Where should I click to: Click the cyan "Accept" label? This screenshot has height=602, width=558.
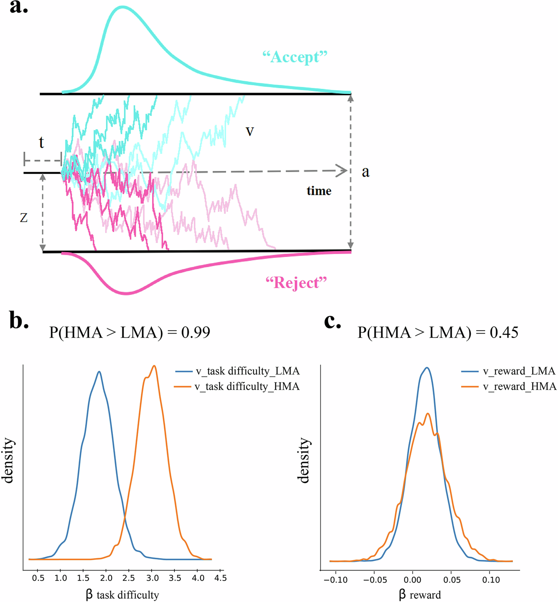pyautogui.click(x=295, y=57)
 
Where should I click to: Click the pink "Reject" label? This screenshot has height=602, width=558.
pyautogui.click(x=296, y=283)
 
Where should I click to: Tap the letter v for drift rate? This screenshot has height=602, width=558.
pyautogui.click(x=250, y=131)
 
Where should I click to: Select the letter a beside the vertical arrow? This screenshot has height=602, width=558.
pyautogui.click(x=365, y=172)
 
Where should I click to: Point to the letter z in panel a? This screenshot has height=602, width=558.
pyautogui.click(x=24, y=218)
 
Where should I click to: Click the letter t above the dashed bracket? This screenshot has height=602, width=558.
pyautogui.click(x=41, y=142)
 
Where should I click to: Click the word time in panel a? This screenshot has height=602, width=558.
pyautogui.click(x=319, y=191)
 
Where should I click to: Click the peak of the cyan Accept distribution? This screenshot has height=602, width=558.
pyautogui.click(x=122, y=7)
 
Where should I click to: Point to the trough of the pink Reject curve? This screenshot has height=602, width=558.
pyautogui.click(x=126, y=293)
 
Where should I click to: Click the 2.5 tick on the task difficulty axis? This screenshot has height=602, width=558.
pyautogui.click(x=129, y=578)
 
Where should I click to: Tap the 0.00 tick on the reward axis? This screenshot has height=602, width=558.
pyautogui.click(x=413, y=580)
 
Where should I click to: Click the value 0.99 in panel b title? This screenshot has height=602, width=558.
pyautogui.click(x=196, y=332)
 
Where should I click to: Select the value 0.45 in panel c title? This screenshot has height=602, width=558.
pyautogui.click(x=504, y=332)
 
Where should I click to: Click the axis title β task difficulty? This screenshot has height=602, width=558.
pyautogui.click(x=122, y=595)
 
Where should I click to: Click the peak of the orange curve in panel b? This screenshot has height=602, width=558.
pyautogui.click(x=154, y=366)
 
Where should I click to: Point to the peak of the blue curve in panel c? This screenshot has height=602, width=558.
pyautogui.click(x=427, y=367)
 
